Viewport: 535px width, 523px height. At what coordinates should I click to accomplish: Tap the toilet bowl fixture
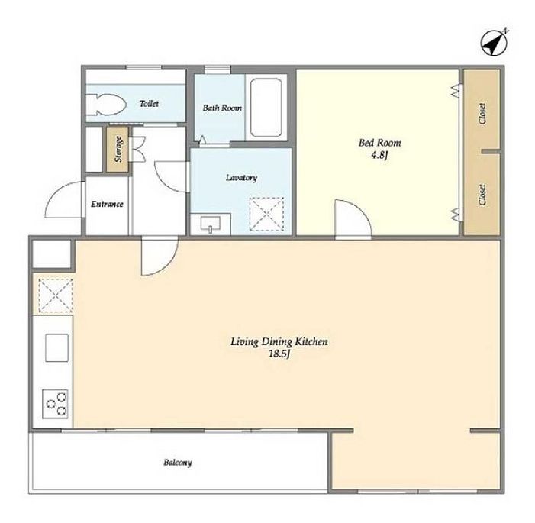(106, 105)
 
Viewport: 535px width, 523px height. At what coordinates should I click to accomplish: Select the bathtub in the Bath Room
(266, 108)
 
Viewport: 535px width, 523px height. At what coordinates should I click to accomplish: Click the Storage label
(118, 149)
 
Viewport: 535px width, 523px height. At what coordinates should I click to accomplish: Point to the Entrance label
(107, 204)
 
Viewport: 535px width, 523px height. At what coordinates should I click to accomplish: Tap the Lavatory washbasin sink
(211, 224)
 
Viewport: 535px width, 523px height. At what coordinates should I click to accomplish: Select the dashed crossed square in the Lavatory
(267, 214)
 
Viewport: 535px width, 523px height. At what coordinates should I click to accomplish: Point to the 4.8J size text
(380, 155)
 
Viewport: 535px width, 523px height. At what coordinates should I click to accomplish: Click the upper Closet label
(482, 113)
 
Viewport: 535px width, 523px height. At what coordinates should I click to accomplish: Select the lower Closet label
(482, 195)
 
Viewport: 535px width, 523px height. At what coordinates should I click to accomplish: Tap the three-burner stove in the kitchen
(55, 404)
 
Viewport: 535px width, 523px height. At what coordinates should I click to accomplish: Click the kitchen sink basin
(56, 347)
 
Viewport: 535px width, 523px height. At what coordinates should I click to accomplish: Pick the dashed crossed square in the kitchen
(56, 295)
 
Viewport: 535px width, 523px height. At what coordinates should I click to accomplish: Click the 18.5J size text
(279, 354)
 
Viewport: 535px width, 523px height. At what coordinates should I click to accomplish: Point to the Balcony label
(177, 463)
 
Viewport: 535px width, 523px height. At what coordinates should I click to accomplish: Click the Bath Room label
(222, 108)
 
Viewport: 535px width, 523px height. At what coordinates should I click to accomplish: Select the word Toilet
(149, 103)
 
